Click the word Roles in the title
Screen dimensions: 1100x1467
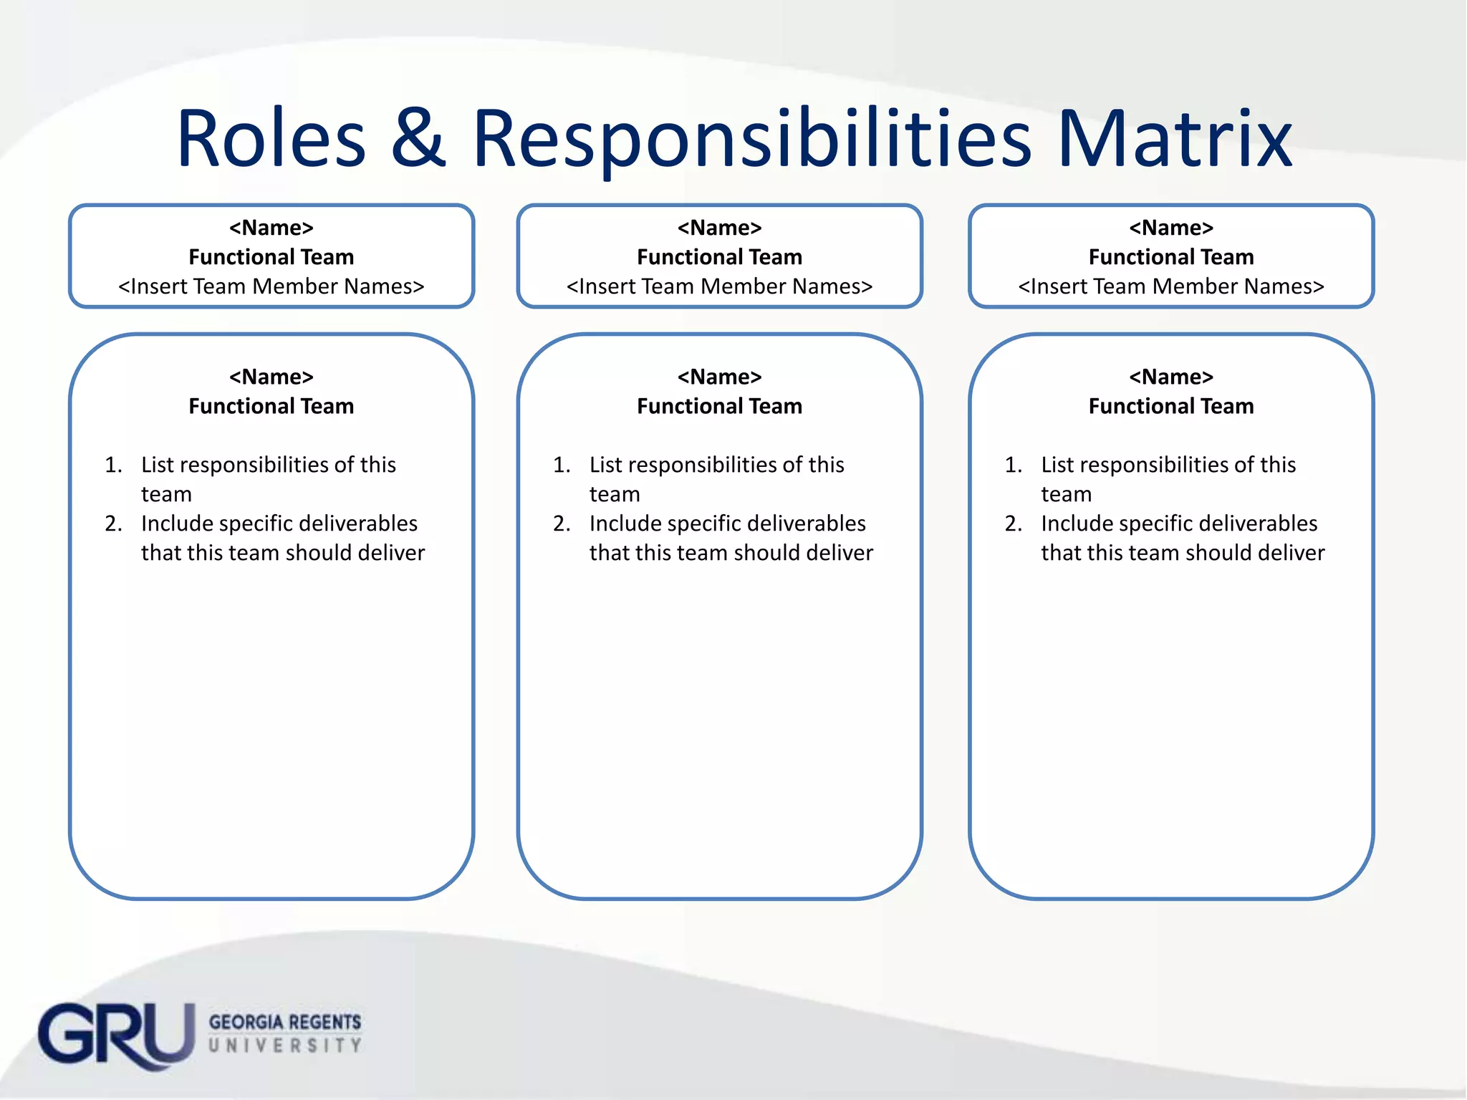271,139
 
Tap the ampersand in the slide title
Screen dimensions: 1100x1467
418,139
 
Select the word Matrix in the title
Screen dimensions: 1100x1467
1175,139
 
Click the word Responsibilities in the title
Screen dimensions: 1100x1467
752,139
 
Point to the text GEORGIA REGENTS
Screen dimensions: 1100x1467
285,1022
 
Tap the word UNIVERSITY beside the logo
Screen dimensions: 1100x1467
285,1046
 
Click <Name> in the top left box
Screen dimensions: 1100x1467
271,228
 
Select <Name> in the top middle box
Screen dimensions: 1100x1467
719,228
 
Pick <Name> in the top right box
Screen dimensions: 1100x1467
1171,228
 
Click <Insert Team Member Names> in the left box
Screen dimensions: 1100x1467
271,286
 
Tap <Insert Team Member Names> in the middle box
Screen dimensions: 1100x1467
719,286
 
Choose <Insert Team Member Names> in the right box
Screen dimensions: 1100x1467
1171,286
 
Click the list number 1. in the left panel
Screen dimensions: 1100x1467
113,465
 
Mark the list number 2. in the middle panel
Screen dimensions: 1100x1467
562,524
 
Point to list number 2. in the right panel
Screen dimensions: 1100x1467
1014,524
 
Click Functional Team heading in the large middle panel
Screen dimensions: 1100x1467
719,406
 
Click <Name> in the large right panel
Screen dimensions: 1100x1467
1171,377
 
